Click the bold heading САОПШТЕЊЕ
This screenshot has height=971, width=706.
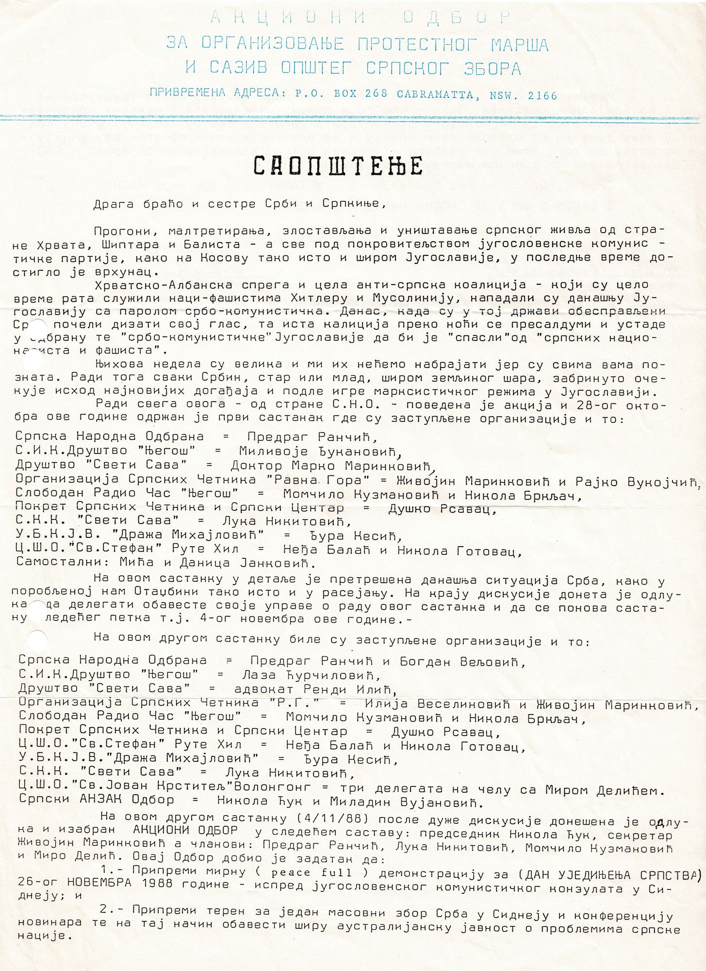coord(338,166)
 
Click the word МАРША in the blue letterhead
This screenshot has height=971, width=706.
coord(520,45)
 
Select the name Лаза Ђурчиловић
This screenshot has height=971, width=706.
coord(311,675)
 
